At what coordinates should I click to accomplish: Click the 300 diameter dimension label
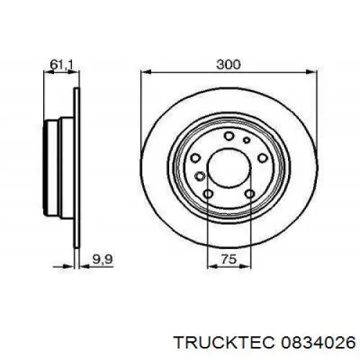[228, 65]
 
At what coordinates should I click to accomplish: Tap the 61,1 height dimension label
[60, 65]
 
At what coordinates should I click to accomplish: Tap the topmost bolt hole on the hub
[228, 137]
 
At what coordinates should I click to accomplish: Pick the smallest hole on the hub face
[246, 141]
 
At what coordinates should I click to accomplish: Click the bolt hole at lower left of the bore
[208, 194]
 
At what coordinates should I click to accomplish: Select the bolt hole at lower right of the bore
[249, 194]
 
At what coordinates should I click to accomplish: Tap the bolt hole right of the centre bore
[263, 158]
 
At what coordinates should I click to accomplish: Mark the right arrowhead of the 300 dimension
[314, 72]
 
